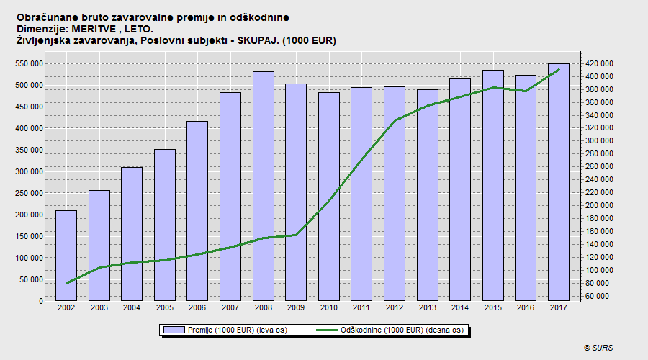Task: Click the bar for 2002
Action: click(x=66, y=256)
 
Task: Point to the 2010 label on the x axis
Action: click(x=328, y=308)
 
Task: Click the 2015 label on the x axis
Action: click(x=492, y=308)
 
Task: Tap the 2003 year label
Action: click(x=99, y=308)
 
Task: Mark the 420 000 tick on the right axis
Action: click(x=598, y=63)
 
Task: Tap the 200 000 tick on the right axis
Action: click(x=598, y=205)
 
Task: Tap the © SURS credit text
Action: click(x=599, y=348)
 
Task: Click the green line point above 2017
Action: click(x=559, y=70)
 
